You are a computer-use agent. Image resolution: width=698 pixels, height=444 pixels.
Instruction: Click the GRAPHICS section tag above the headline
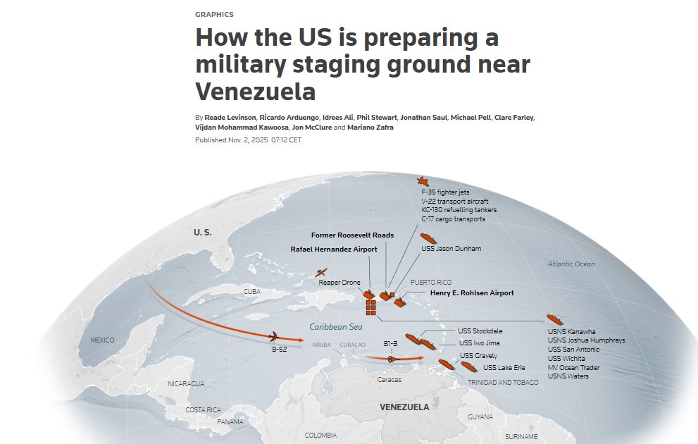[x=214, y=14]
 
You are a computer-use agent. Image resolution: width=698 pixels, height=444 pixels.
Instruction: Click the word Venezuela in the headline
[x=255, y=92]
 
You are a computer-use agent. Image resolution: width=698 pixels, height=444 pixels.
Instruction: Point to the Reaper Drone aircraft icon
[x=321, y=273]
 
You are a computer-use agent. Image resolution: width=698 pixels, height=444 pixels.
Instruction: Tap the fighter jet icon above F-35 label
[x=423, y=182]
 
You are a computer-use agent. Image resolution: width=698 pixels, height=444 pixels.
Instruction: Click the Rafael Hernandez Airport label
[x=334, y=249]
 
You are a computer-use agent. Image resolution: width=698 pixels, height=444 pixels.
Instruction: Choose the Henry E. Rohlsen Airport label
[x=462, y=293]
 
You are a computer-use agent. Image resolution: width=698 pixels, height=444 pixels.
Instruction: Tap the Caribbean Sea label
[x=336, y=327]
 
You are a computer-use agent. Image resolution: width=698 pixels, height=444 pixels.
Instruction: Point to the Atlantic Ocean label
[x=571, y=264]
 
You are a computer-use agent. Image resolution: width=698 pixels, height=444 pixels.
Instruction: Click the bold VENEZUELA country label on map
[x=404, y=407]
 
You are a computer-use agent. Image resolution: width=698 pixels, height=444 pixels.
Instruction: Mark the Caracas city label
[x=389, y=379]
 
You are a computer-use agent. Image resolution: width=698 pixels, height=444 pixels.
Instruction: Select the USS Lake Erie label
[x=504, y=368]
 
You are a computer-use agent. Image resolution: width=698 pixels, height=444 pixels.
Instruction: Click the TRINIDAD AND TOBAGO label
[x=503, y=382]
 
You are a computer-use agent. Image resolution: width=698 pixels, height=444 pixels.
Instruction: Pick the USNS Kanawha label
[x=571, y=331]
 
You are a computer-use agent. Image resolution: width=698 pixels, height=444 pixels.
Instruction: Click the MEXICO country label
[x=102, y=341]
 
